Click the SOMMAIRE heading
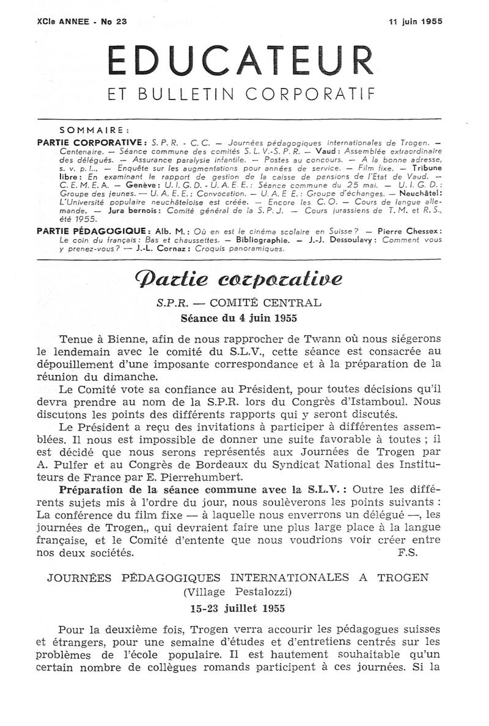pyautogui.click(x=95, y=129)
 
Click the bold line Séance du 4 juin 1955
pyautogui.click(x=239, y=318)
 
